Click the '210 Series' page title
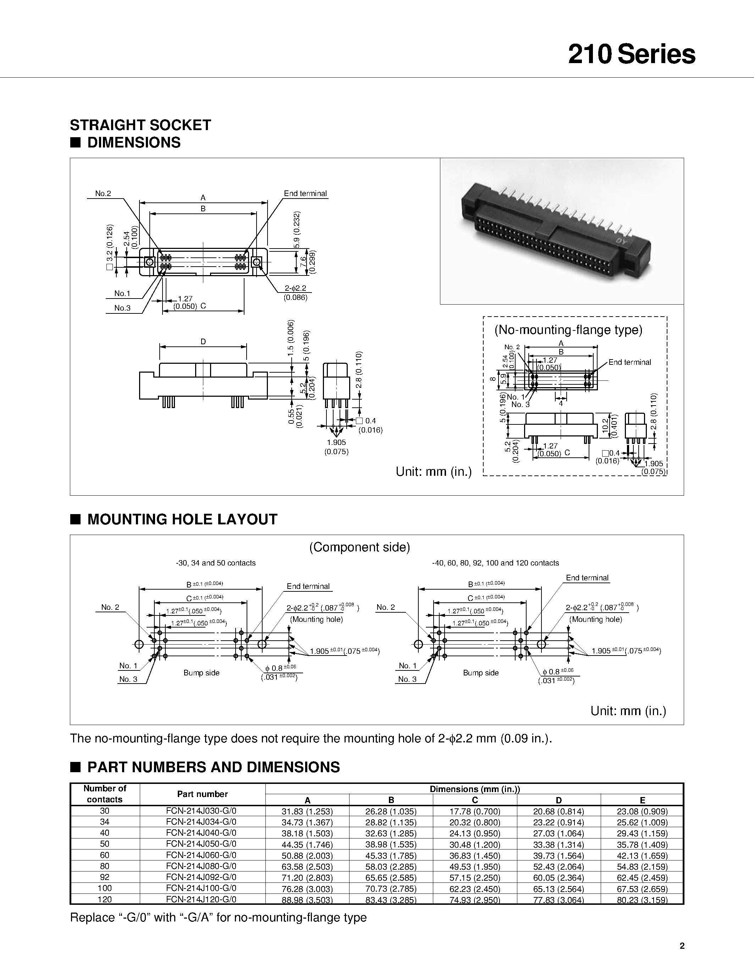(x=631, y=55)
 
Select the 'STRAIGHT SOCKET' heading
(x=140, y=125)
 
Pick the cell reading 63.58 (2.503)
(x=307, y=866)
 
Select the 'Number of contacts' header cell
(x=105, y=794)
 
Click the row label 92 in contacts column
(x=105, y=877)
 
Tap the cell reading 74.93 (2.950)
(x=475, y=899)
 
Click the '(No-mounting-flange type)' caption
(x=568, y=330)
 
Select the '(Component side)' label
(x=359, y=547)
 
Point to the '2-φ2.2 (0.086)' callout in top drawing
(x=295, y=292)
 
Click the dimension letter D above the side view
(x=203, y=341)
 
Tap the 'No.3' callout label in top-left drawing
(x=122, y=308)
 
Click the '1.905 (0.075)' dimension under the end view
(x=336, y=447)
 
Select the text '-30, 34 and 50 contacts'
(x=216, y=563)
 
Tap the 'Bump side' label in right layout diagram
(x=481, y=673)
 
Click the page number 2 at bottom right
(x=682, y=946)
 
